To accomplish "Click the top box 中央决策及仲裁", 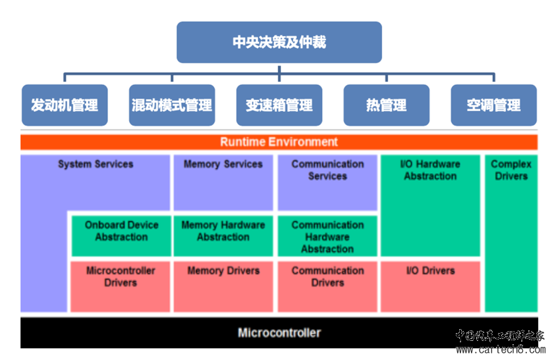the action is tap(279, 42).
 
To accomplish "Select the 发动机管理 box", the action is tap(65, 105).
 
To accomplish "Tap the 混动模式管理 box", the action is tap(172, 105).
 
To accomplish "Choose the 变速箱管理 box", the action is tap(279, 105).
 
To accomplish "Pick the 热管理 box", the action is tap(387, 105).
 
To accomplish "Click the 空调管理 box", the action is tap(493, 105).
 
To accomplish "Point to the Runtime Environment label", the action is tap(279, 142).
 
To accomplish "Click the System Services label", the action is tap(96, 164).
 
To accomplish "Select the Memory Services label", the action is tap(223, 164).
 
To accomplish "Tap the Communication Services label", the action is tap(328, 170).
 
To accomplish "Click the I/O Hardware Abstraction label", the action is tap(430, 170).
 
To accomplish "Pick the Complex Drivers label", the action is tap(511, 170).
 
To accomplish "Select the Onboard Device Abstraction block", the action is tap(121, 236).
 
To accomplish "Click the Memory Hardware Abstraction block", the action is tap(223, 236).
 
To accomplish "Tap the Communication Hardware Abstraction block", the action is tap(327, 236).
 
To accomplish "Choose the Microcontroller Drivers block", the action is tap(121, 286).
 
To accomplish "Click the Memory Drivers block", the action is tap(223, 286).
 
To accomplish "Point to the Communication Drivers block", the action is tap(327, 286).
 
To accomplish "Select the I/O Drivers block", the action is tap(430, 286).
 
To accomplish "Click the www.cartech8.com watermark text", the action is tap(501, 349).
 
